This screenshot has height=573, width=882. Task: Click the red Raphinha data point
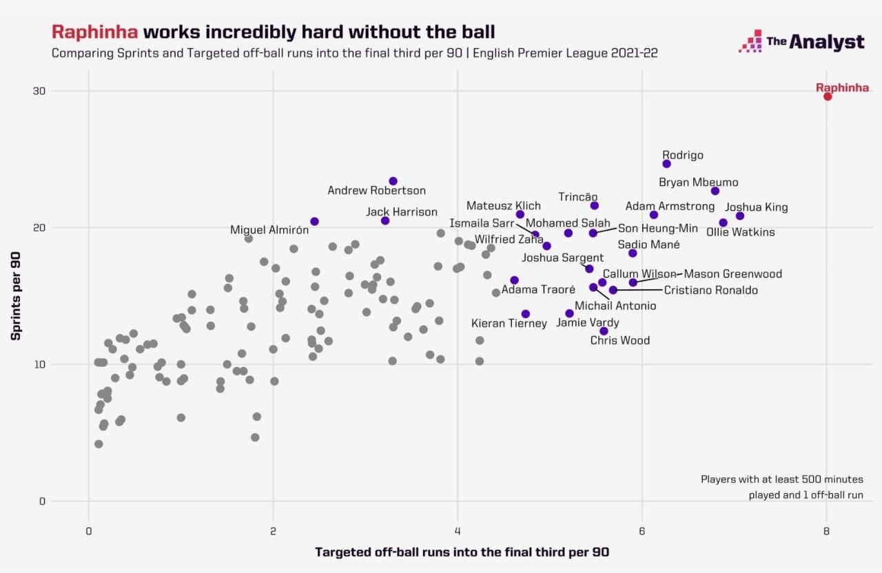[x=828, y=96]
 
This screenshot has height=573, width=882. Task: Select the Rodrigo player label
[x=683, y=156]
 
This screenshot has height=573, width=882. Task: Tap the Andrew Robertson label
[x=376, y=191]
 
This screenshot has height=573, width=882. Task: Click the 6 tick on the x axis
[x=642, y=531]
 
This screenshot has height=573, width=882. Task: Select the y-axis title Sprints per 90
[x=15, y=295]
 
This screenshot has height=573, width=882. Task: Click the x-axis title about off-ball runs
[x=462, y=552]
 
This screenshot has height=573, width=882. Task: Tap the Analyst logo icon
[x=750, y=42]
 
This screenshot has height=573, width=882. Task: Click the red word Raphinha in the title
[x=95, y=32]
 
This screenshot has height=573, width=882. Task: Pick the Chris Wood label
[x=620, y=340]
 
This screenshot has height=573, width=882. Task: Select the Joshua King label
[x=757, y=207]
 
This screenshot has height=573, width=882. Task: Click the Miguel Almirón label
[x=269, y=230]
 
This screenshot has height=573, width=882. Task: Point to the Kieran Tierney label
[x=509, y=324]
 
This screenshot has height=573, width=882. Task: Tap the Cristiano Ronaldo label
[x=710, y=291]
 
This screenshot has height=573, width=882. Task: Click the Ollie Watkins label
[x=741, y=232]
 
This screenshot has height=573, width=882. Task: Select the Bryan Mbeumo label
[x=699, y=183]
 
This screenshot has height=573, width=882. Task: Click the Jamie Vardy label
[x=588, y=323]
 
